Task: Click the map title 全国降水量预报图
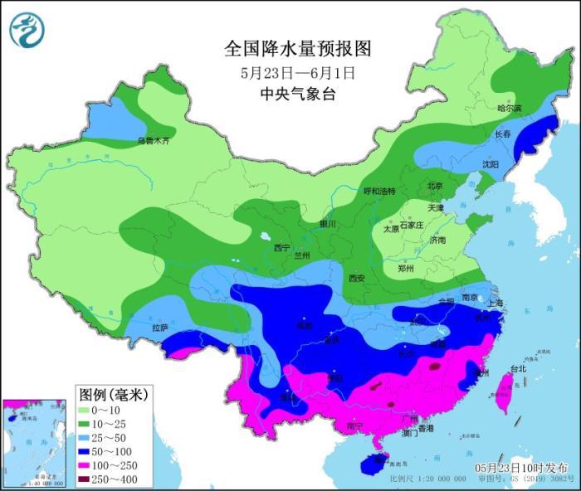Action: pyautogui.click(x=297, y=49)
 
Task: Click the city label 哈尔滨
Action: pyautogui.click(x=509, y=109)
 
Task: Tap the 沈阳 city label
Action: pyautogui.click(x=491, y=165)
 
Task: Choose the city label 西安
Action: pyautogui.click(x=357, y=278)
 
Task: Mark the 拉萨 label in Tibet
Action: pyautogui.click(x=159, y=328)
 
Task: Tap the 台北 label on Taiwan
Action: pyautogui.click(x=517, y=367)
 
